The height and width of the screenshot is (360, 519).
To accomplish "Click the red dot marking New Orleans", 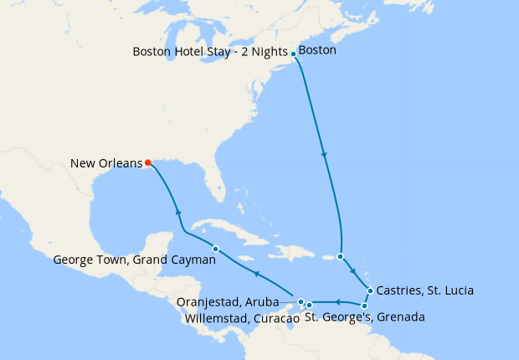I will click(x=148, y=162).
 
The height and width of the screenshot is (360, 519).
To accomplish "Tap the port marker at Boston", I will click(x=293, y=54).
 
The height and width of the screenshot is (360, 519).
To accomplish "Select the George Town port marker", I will click(x=216, y=249).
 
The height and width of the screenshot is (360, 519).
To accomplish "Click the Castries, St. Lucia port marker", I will click(x=370, y=291).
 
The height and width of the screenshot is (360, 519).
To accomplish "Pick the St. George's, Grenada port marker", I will click(x=364, y=306).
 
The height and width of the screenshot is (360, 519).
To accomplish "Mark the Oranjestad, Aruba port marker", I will click(x=301, y=301).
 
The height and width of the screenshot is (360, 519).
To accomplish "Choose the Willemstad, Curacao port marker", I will click(x=309, y=305).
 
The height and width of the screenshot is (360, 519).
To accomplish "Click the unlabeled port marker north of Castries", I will click(x=340, y=256).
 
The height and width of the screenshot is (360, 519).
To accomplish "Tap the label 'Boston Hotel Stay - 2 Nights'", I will click(x=210, y=51).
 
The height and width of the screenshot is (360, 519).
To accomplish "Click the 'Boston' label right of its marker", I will click(x=317, y=51).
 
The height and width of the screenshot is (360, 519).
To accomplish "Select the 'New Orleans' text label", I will click(x=105, y=162).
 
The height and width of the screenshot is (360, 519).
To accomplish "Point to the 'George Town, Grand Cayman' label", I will click(x=134, y=260).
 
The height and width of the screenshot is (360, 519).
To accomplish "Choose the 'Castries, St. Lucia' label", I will click(x=425, y=291).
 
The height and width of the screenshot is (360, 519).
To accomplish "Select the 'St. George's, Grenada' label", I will click(x=364, y=318).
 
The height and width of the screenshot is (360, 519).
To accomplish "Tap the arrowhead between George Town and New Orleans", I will click(x=177, y=213).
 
